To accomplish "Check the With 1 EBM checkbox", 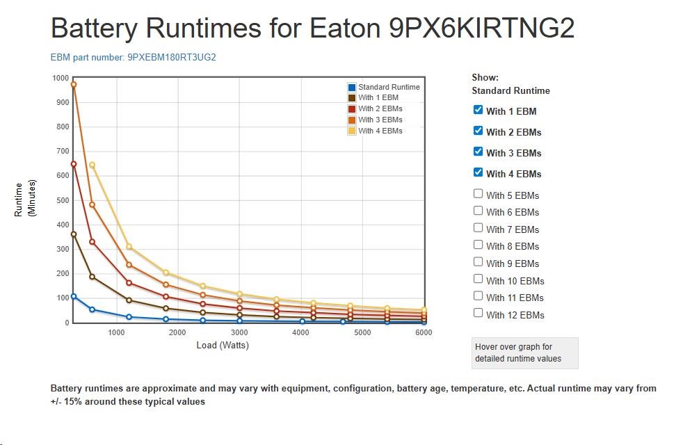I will (478, 110).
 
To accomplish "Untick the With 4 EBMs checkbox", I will (478, 172).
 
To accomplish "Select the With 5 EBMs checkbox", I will (478, 194).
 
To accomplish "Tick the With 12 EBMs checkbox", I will (478, 313).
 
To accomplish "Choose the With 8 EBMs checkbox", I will (478, 245).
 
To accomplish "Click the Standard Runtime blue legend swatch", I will (352, 87).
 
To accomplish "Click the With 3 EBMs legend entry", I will (380, 120).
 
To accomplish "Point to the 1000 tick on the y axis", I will (60, 78).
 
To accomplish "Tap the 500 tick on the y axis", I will (62, 200).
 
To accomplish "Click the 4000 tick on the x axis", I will (300, 332).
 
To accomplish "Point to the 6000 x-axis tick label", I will (423, 332).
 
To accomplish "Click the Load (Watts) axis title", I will (223, 345).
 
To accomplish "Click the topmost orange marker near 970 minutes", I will (74, 85).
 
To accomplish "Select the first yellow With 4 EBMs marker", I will (92, 165).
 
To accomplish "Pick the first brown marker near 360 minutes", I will (74, 234).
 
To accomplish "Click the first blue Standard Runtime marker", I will (74, 296).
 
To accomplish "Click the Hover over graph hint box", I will (524, 353).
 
